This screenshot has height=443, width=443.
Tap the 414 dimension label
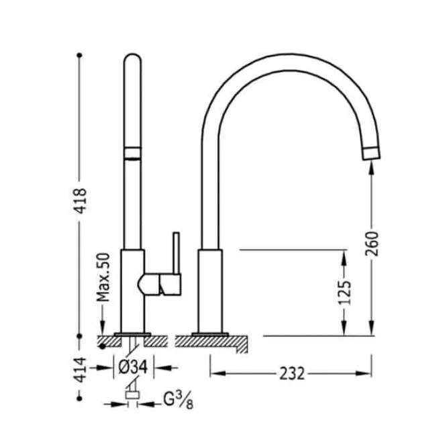[81, 370]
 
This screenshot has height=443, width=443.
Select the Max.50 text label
[103, 277]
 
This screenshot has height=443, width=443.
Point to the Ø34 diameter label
[133, 367]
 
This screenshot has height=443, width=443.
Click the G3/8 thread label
[178, 401]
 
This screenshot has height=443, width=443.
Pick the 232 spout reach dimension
[292, 373]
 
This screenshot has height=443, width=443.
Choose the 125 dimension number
[345, 293]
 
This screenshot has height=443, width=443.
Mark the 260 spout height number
[372, 244]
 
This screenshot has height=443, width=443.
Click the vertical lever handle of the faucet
[177, 253]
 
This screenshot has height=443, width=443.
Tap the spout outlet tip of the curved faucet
[371, 154]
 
